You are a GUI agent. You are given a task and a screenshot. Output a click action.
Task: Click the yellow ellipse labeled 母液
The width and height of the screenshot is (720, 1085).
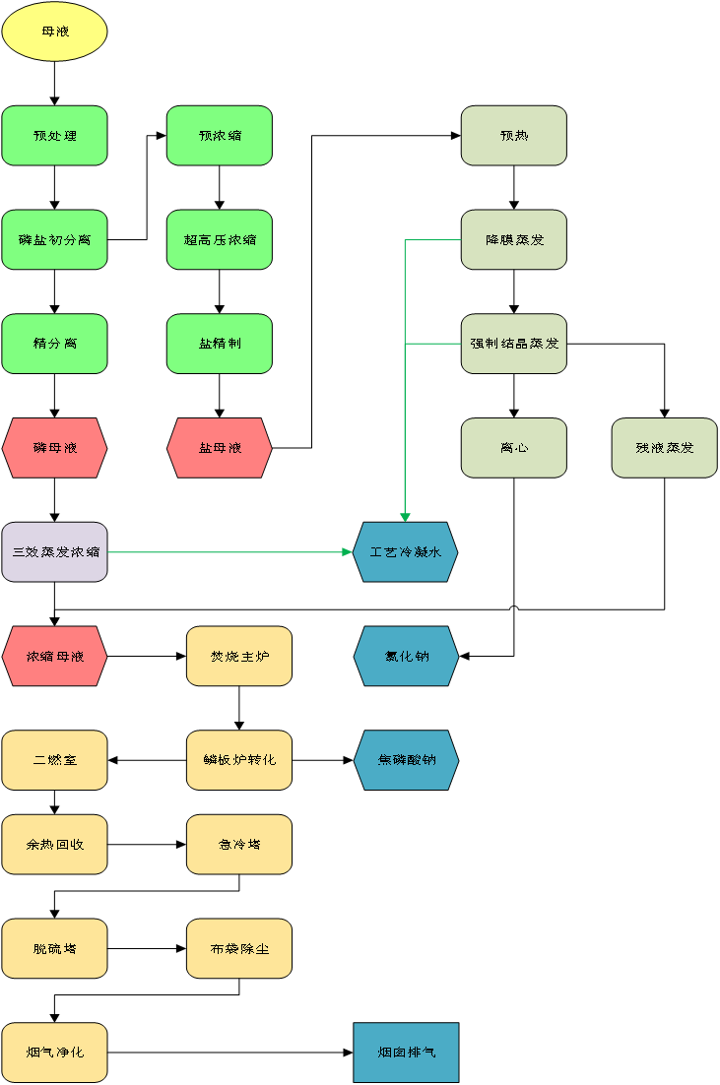(x=54, y=32)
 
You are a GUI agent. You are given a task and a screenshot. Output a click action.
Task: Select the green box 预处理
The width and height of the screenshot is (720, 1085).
(x=54, y=136)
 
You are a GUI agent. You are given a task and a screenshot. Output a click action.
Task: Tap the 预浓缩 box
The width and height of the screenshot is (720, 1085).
(x=220, y=136)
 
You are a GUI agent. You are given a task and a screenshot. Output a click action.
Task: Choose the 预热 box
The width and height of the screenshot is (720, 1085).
(x=514, y=136)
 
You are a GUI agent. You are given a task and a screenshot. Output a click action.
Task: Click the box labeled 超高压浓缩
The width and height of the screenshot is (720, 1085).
(x=220, y=239)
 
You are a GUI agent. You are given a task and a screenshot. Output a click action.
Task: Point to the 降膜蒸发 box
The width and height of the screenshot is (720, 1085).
(x=514, y=239)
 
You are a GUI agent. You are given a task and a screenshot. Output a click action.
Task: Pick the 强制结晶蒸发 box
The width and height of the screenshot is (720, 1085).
(x=514, y=344)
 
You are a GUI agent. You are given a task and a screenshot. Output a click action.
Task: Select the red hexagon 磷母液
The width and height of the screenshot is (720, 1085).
(x=54, y=448)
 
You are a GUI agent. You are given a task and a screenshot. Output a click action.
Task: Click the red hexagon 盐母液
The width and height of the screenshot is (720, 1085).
(x=220, y=448)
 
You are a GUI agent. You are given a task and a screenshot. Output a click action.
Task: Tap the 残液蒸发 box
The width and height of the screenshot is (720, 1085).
(x=665, y=448)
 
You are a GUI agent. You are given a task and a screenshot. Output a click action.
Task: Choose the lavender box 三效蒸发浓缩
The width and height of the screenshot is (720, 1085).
(x=54, y=552)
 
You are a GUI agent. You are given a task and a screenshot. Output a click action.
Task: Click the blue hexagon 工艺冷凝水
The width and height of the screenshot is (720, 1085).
(x=406, y=552)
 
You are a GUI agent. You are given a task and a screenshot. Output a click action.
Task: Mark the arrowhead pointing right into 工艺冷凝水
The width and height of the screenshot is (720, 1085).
(x=348, y=552)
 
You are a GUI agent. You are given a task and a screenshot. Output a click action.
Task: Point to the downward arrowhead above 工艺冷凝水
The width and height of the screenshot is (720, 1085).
(x=405, y=517)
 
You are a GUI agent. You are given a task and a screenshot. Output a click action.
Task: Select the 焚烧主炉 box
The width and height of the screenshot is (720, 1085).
(x=239, y=656)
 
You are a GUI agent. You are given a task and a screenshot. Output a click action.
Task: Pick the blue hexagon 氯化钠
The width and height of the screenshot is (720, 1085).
(x=406, y=656)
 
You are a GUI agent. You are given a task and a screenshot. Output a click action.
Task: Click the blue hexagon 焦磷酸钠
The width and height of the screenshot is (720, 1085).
(x=406, y=760)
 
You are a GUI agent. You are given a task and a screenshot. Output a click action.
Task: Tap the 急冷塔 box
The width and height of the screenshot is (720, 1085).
(x=239, y=845)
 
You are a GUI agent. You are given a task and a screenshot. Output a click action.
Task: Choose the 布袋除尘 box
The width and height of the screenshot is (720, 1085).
(x=239, y=949)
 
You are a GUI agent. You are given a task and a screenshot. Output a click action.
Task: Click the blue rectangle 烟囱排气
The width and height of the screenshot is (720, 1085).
(x=406, y=1053)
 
